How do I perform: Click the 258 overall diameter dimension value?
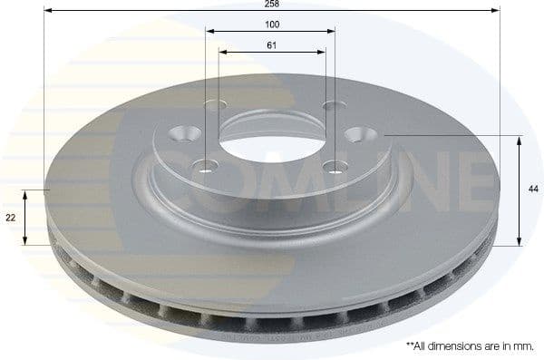pos(271,5)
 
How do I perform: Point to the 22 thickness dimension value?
pos(9,218)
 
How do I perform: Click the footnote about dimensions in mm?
pos(470,346)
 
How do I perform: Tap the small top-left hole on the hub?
pos(215,104)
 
